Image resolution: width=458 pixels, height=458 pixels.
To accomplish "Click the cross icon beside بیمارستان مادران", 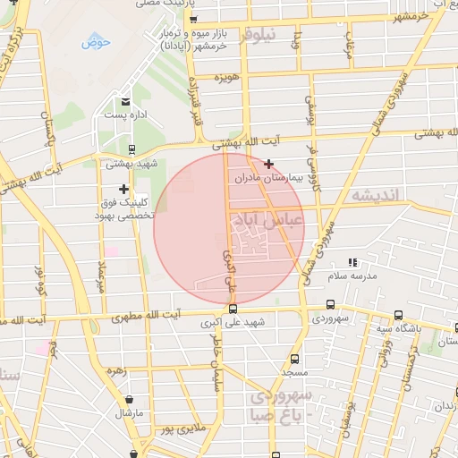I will coord(268,164).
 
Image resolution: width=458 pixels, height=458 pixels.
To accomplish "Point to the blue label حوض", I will coord(96,42).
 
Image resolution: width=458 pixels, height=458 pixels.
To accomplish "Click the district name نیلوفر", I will coord(259,35).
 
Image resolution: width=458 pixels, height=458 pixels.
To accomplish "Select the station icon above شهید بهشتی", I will coord(131,150).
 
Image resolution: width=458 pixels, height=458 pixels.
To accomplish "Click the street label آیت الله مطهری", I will coord(144,315).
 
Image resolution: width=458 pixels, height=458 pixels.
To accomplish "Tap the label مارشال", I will coord(129,413).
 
